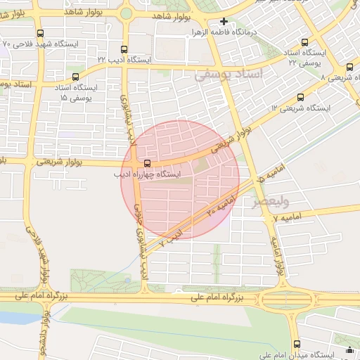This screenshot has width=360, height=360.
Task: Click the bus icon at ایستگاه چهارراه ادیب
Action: click(x=137, y=163)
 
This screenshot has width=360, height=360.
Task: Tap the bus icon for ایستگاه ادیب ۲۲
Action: click(x=124, y=50)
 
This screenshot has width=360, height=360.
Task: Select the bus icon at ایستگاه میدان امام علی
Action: click(x=297, y=345)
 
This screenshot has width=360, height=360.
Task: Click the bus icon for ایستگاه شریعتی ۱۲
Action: click(x=300, y=98)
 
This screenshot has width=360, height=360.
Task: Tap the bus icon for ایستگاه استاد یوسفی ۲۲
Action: click(x=304, y=43)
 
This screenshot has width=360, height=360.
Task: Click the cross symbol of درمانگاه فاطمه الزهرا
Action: click(x=224, y=21)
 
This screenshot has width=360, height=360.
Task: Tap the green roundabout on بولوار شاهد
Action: click(x=126, y=13)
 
